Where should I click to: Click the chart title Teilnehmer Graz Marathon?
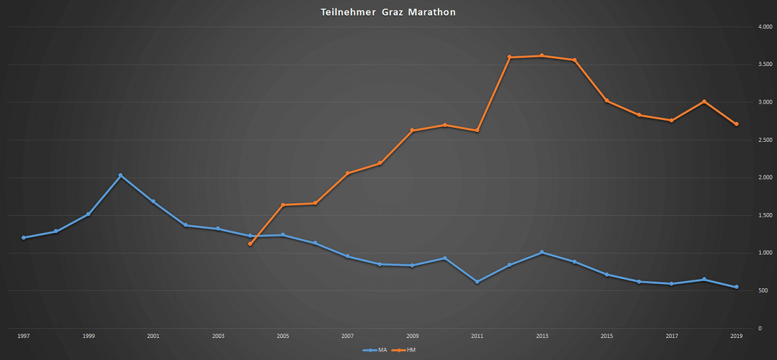click(388, 12)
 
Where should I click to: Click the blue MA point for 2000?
click(120, 175)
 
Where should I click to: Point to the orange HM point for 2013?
click(542, 56)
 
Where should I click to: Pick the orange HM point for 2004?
click(250, 244)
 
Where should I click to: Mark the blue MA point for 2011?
click(477, 282)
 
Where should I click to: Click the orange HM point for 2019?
click(737, 124)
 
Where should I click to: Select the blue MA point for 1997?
click(23, 238)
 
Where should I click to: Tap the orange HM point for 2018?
click(704, 101)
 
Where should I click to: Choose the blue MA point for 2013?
click(542, 253)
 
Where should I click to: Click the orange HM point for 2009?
click(412, 130)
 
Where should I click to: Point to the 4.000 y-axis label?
click(765, 27)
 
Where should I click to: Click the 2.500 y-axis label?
click(765, 140)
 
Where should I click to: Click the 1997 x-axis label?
click(23, 336)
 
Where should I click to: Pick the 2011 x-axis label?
click(477, 336)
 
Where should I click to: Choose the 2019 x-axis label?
click(737, 336)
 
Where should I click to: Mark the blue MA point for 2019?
click(737, 287)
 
